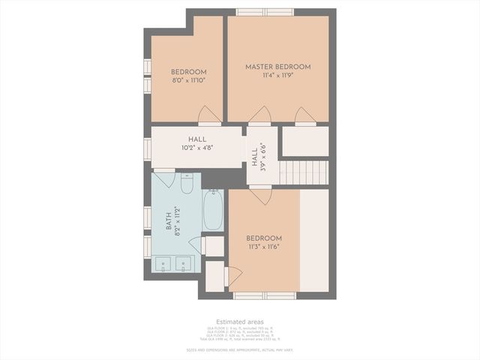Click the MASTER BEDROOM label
coord(277,67)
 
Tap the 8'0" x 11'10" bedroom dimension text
coord(188,80)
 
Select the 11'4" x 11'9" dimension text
coord(277,75)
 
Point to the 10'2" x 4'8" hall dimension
coord(197,148)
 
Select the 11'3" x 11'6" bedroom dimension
coord(263,245)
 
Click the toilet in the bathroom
coord(187,183)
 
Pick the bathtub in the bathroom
coord(213,210)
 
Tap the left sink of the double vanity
coord(163,264)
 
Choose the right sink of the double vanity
coord(184,264)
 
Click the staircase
coord(304,172)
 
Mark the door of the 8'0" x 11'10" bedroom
coord(209,115)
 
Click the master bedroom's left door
coord(259,114)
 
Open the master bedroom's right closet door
coord(304,115)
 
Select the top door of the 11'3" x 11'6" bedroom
coord(260,196)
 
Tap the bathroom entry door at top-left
coord(164,179)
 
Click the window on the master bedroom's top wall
coord(264,11)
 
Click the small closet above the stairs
coord(304,141)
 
